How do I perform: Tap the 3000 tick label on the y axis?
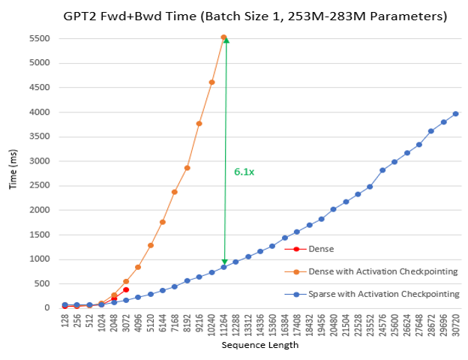39,161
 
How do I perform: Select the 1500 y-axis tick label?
39,235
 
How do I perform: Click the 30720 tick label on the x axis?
455,325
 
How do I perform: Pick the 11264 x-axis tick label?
223,325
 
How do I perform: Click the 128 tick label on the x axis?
64,321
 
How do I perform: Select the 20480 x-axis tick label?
333,325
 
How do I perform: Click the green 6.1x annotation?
244,172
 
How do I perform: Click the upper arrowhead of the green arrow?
225,40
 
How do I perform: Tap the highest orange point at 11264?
223,37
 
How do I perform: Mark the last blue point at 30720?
455,114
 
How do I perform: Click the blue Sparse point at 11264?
223,267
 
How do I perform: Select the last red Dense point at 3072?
126,289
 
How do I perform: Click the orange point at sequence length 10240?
211,82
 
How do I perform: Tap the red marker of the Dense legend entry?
296,248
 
